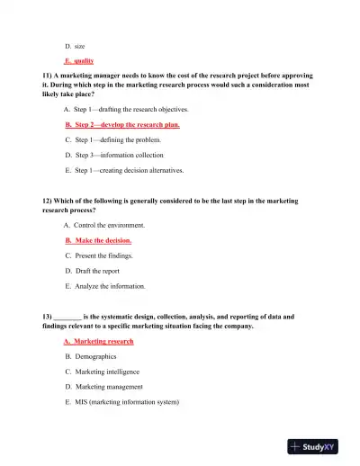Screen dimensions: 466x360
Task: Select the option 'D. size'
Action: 76,45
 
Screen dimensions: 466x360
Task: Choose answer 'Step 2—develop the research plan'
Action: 122,125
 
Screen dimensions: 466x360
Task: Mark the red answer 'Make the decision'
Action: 99,241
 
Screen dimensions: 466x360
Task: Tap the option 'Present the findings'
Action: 102,255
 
